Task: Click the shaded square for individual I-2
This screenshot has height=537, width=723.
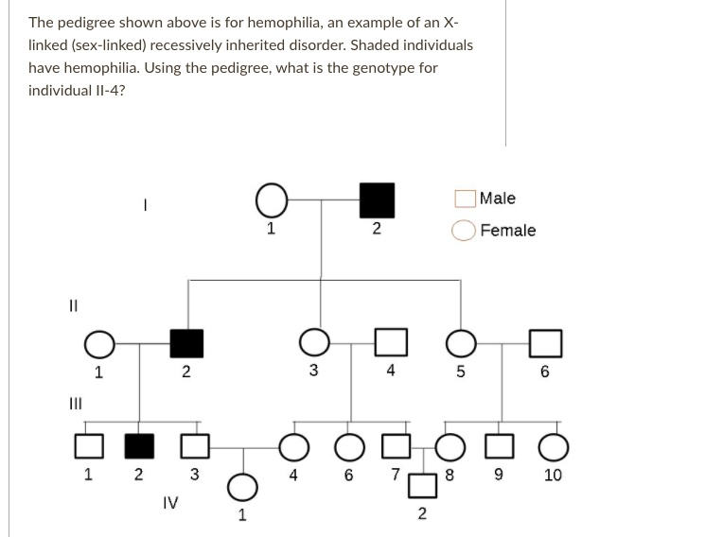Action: (377, 200)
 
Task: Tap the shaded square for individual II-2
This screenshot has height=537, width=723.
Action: (186, 343)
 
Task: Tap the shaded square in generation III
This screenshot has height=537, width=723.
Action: (139, 446)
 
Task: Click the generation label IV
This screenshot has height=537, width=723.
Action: (170, 502)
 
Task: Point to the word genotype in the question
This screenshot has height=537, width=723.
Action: (383, 68)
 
